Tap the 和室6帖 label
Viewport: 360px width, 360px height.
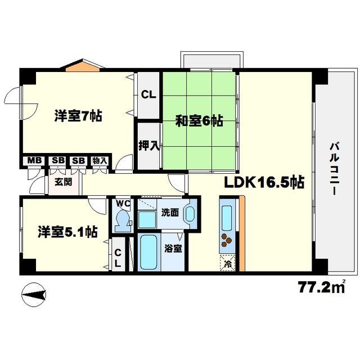click(x=199, y=120)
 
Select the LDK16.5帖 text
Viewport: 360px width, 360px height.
click(x=265, y=182)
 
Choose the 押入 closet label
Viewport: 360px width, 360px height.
click(x=149, y=145)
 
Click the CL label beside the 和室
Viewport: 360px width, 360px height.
click(x=148, y=94)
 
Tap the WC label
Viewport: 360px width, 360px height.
click(x=123, y=204)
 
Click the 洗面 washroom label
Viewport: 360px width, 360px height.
click(x=169, y=213)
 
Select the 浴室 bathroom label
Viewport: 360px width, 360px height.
click(x=172, y=248)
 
